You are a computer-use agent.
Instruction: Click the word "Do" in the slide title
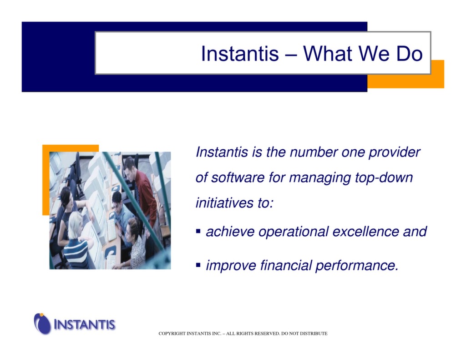coord(409,54)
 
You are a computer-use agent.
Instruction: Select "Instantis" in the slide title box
coord(239,54)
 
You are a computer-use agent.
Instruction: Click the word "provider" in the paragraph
coord(394,152)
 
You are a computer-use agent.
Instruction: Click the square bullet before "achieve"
coord(198,231)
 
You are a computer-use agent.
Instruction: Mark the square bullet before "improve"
coord(198,264)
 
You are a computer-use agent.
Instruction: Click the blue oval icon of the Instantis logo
coord(43,324)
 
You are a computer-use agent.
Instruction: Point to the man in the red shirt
coord(142,191)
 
